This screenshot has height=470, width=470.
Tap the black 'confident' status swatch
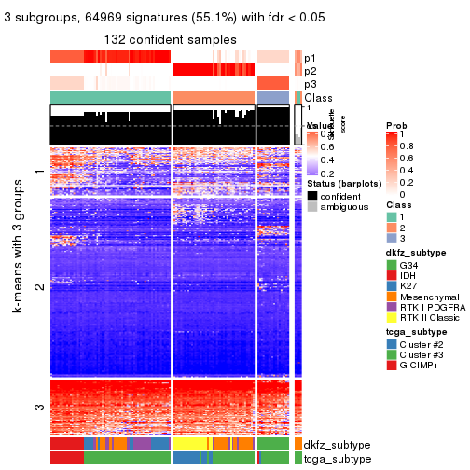pyautogui.click(x=313, y=197)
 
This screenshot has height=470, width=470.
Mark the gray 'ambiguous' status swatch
pyautogui.click(x=313, y=209)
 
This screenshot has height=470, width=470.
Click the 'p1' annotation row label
pyautogui.click(x=311, y=58)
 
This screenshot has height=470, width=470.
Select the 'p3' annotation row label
pyautogui.click(x=311, y=84)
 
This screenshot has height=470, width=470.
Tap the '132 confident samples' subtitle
pyautogui.click(x=170, y=38)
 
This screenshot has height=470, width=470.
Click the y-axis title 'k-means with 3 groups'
pyautogui.click(x=18, y=280)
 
